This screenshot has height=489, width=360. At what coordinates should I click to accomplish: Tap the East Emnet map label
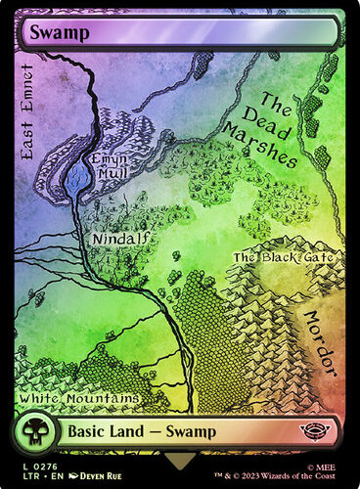pos(26,111)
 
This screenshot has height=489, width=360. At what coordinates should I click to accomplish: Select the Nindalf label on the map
pos(115,239)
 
